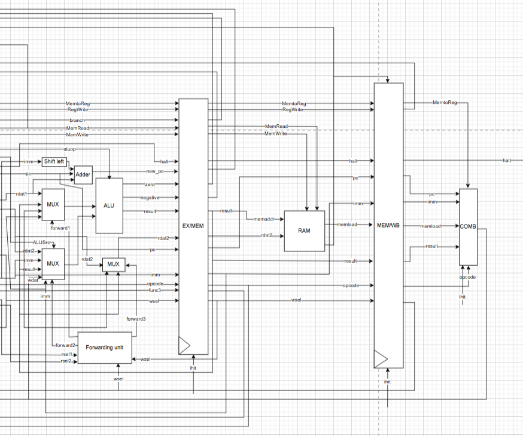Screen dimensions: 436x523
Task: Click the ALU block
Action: tap(109, 205)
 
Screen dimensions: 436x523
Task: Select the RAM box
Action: tap(304, 231)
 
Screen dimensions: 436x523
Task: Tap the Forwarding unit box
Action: tap(105, 347)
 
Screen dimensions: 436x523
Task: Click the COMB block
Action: tap(468, 226)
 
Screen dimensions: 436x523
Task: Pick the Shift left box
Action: tap(54, 162)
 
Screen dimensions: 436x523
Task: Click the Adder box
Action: tap(83, 175)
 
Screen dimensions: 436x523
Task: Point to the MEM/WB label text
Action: tap(388, 225)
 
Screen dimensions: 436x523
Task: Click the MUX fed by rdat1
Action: tap(53, 204)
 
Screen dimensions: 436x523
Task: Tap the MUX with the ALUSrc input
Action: tap(53, 263)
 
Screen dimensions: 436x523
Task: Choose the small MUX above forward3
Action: tap(113, 264)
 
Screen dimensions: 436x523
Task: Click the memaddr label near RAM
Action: tap(263, 220)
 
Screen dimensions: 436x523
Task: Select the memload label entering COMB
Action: tap(430, 226)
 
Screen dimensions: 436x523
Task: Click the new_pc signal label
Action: tap(154, 171)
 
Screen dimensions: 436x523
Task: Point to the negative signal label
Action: tap(150, 198)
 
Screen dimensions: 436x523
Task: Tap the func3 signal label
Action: tap(154, 290)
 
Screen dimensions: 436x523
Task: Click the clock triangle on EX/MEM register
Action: tap(184, 345)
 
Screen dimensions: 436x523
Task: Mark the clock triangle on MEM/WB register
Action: tap(380, 359)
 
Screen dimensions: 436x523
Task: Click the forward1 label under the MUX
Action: tap(60, 228)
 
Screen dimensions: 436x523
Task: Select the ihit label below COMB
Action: tap(463, 297)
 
